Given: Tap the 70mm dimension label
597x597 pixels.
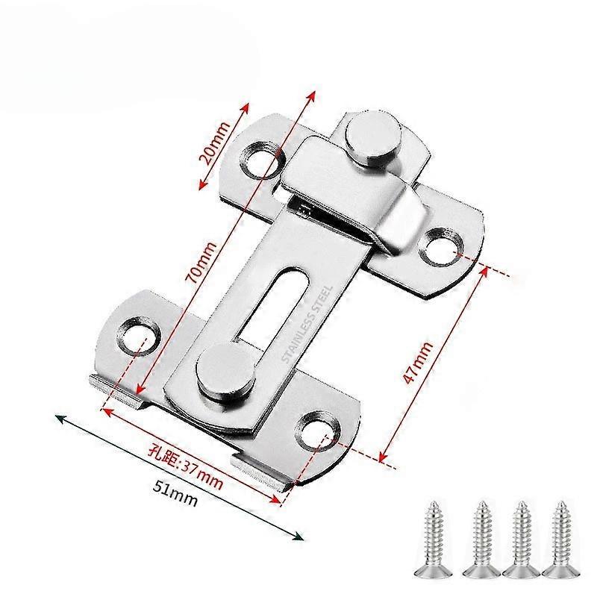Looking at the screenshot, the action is pyautogui.click(x=201, y=263).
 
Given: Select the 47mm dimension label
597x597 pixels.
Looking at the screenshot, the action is pyautogui.click(x=418, y=363).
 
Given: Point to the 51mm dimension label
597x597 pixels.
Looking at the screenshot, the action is pyautogui.click(x=175, y=493).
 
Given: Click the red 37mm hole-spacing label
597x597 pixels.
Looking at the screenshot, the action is pyautogui.click(x=185, y=469).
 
